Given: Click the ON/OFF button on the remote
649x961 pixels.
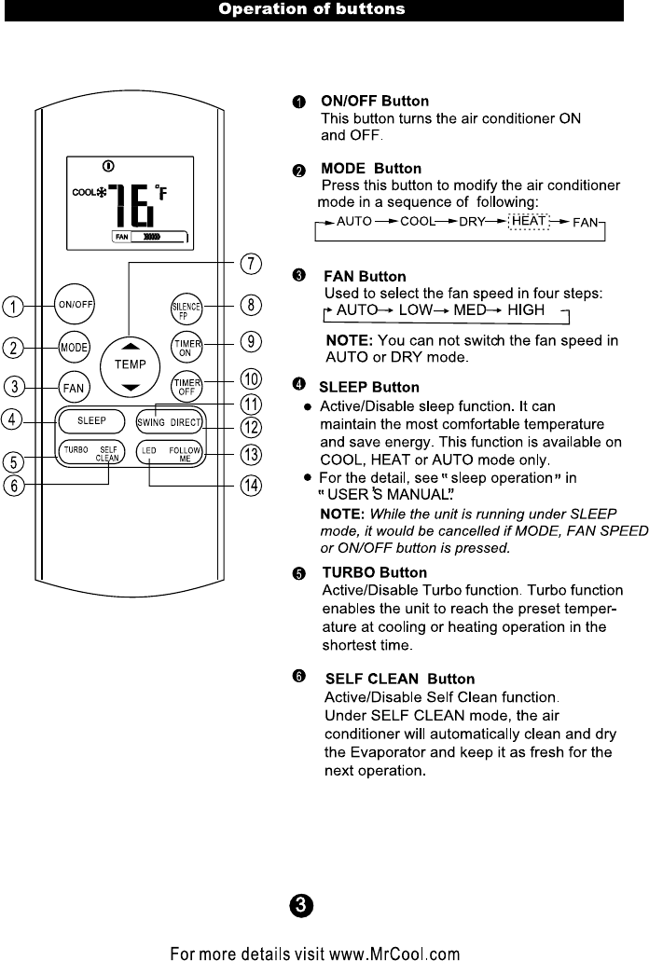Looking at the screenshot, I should coord(75,305).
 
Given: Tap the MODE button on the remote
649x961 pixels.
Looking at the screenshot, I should coord(74,347).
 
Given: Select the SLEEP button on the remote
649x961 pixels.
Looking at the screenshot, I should coord(91,420).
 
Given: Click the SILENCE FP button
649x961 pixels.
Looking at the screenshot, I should coord(186,307).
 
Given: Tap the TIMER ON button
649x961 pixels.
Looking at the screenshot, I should coord(186,345).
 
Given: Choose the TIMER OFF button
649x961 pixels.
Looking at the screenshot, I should coord(186,385).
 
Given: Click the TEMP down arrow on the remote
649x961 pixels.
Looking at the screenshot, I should coord(131,386).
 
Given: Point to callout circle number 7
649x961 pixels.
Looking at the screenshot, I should coord(251,264).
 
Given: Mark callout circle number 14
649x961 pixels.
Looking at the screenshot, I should coord(251,486).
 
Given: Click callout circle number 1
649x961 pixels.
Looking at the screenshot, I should coord(13,306).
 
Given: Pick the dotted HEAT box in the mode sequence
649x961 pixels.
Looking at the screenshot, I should coord(530,223).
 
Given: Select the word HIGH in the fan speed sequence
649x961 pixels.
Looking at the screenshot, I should coord(526,309).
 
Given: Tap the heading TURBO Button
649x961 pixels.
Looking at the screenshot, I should coord(374,572).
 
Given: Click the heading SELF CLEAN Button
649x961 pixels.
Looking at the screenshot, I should coord(398,680).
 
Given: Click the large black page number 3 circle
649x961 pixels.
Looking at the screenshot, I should coord(300,905).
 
